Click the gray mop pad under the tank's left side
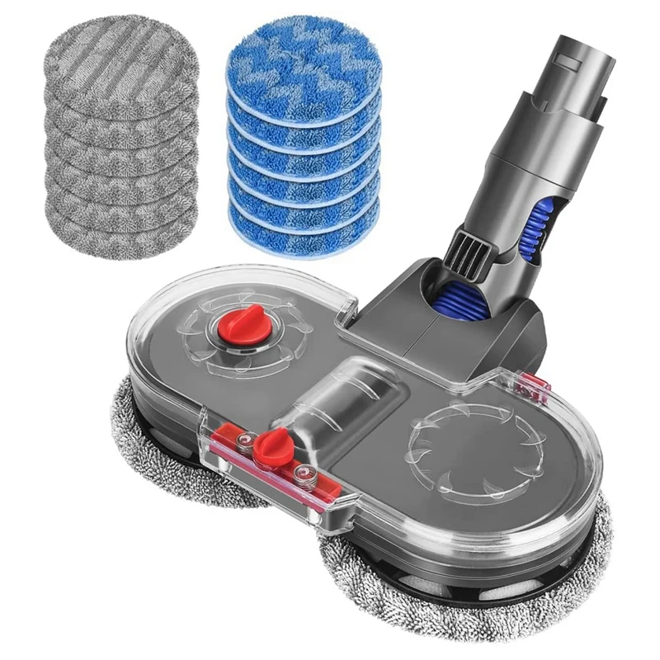tap(165, 462)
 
